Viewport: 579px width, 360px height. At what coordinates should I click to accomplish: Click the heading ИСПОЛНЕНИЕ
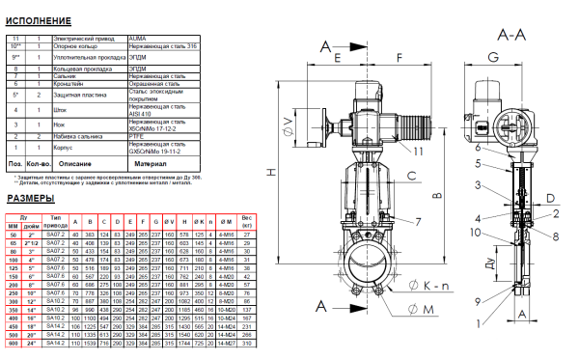pos(38,20)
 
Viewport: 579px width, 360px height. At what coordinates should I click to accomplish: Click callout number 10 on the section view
pos(476,232)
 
